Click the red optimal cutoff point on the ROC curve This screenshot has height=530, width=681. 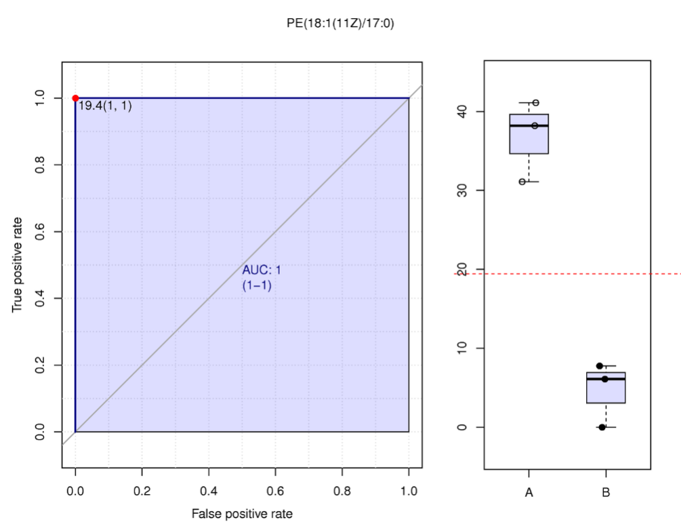75,98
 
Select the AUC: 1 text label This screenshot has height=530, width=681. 262,270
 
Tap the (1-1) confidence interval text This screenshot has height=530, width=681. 257,285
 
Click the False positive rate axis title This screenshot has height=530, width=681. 242,514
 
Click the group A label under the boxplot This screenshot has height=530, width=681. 529,493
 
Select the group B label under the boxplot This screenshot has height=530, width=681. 606,493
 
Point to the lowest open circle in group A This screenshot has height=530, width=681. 522,182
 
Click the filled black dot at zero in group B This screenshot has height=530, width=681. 602,427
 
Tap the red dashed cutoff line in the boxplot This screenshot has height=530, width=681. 569,274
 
